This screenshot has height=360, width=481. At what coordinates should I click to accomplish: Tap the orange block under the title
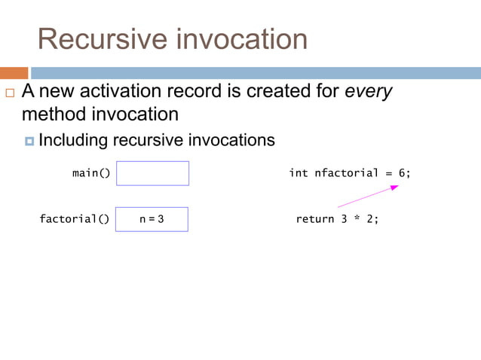pyautogui.click(x=14, y=73)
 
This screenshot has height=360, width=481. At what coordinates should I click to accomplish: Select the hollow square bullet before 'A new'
pyautogui.click(x=9, y=94)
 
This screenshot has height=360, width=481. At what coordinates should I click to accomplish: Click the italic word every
pyautogui.click(x=369, y=93)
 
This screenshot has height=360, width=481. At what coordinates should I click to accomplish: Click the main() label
pyautogui.click(x=91, y=173)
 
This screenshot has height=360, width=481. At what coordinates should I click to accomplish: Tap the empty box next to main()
pyautogui.click(x=152, y=173)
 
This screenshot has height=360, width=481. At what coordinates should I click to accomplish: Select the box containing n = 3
pyautogui.click(x=152, y=219)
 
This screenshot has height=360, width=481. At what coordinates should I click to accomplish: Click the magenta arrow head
pyautogui.click(x=394, y=188)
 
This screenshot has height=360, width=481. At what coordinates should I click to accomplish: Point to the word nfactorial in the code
pyautogui.click(x=346, y=173)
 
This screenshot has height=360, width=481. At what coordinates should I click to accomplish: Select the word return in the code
pyautogui.click(x=314, y=219)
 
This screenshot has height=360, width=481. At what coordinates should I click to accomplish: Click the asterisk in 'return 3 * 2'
pyautogui.click(x=356, y=219)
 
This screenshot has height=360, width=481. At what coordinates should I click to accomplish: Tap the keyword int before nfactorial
pyautogui.click(x=299, y=173)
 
